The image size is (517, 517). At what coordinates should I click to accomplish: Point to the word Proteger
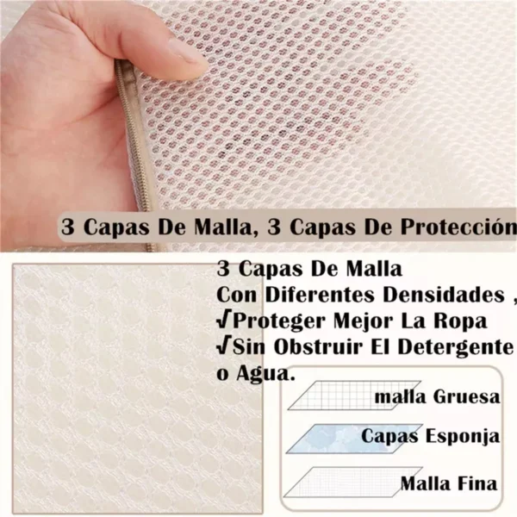(x=275, y=321)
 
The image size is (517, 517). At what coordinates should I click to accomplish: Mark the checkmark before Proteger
(x=223, y=321)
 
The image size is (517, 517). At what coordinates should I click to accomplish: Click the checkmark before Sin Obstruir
(x=223, y=348)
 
